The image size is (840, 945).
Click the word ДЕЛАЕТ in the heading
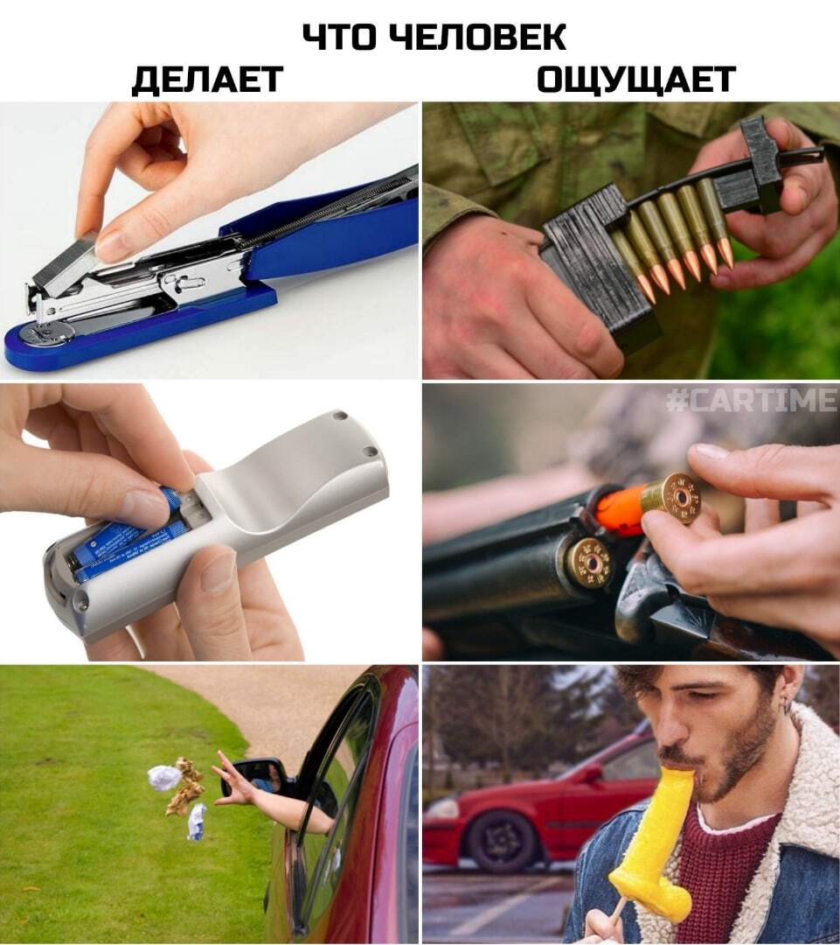coord(208,79)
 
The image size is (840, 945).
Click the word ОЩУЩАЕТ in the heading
coord(635,79)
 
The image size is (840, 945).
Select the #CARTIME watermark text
coord(752,399)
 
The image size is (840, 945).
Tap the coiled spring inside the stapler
coord(325,204)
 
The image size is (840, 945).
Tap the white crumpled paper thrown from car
coord(163,778)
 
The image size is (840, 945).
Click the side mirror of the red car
coord(259,778)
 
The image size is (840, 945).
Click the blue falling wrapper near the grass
coord(197,822)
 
